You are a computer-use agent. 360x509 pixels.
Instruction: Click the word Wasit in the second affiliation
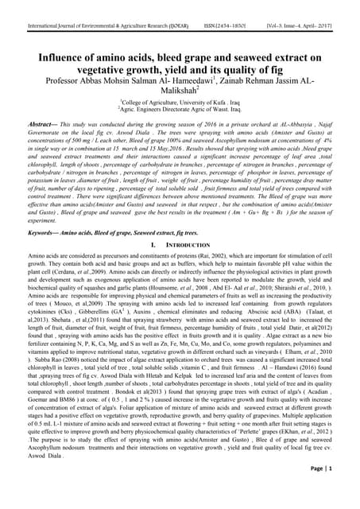[x=226, y=103]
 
